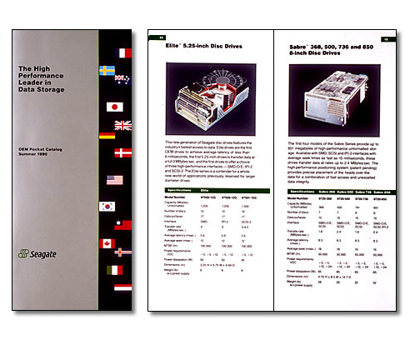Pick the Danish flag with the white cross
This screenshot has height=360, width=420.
[122, 152]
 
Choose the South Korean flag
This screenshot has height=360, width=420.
[107, 206]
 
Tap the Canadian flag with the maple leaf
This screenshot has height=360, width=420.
[107, 244]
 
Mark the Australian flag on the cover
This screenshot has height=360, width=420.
[122, 80]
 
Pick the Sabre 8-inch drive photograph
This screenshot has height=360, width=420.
[337, 91]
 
